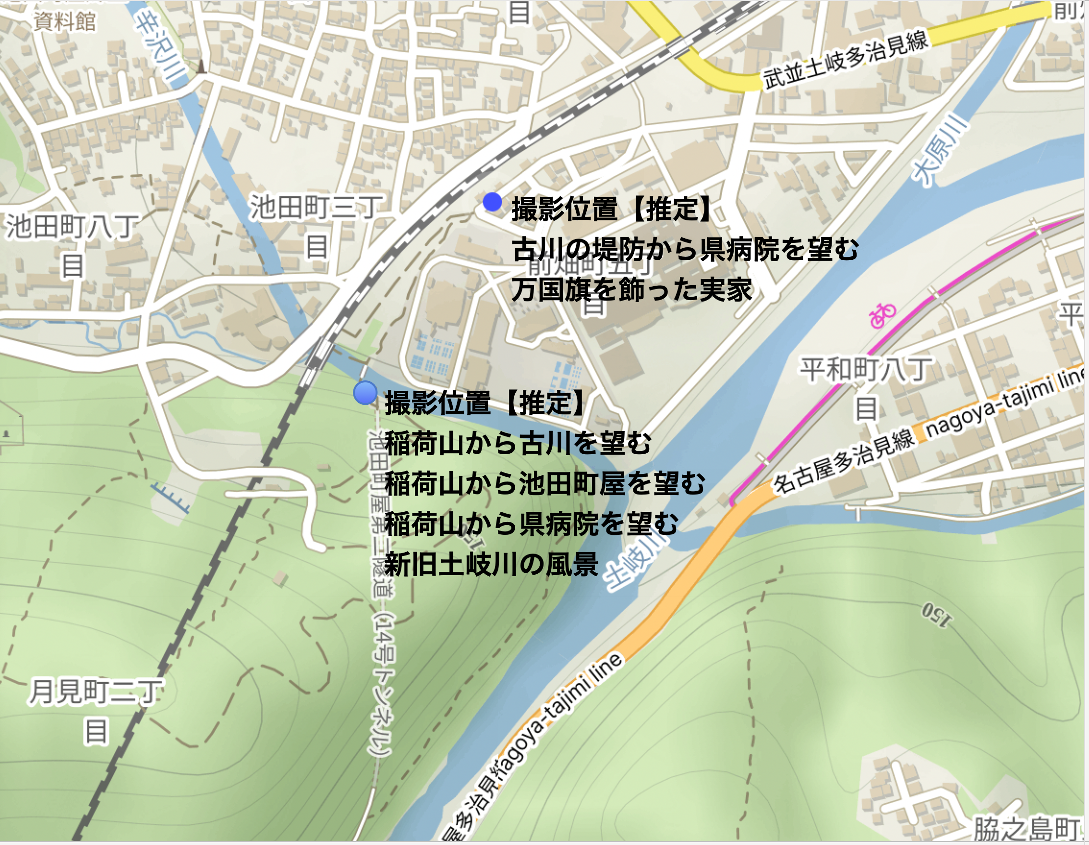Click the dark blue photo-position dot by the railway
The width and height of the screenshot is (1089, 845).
click(x=492, y=203)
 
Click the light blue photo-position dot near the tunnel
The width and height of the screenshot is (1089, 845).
click(x=365, y=392)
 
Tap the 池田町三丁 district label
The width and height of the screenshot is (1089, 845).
click(x=315, y=208)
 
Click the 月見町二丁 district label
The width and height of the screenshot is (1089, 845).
click(x=95, y=691)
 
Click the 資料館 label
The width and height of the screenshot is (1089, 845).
click(x=64, y=22)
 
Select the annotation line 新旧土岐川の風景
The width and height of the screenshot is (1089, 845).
click(x=491, y=565)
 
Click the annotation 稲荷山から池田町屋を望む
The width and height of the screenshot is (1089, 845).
click(x=545, y=483)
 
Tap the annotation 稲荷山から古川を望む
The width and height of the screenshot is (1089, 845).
click(x=518, y=443)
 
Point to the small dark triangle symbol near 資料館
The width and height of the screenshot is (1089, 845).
click(x=202, y=66)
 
